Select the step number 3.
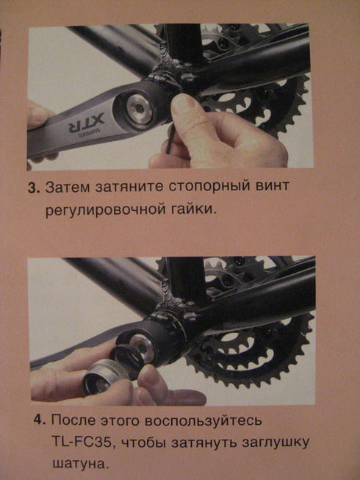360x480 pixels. coord(32,187)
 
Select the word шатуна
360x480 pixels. coord(79,465)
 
